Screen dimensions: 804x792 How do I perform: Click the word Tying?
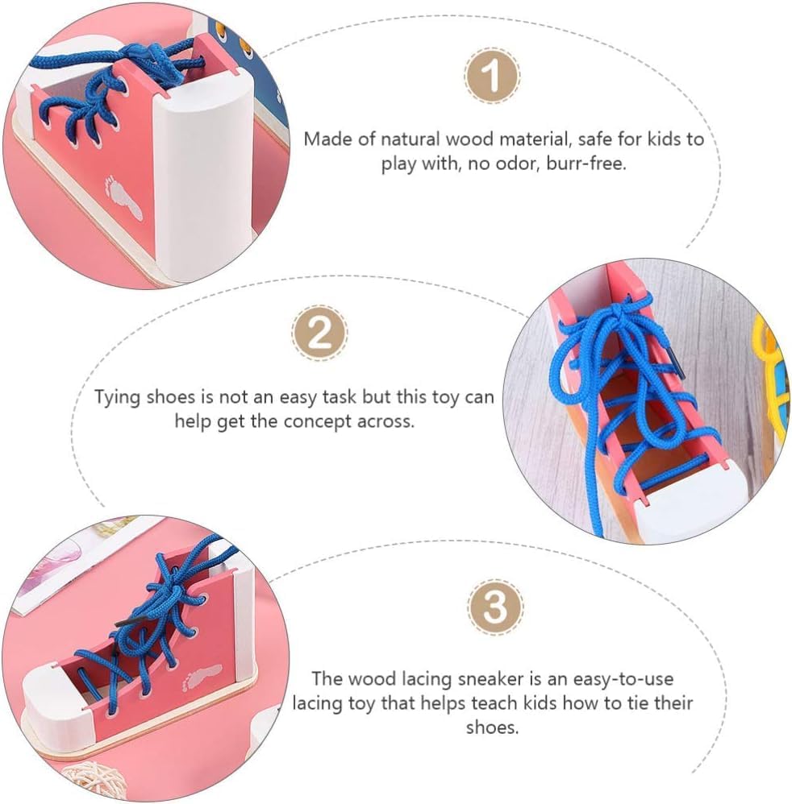pos(119,397)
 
